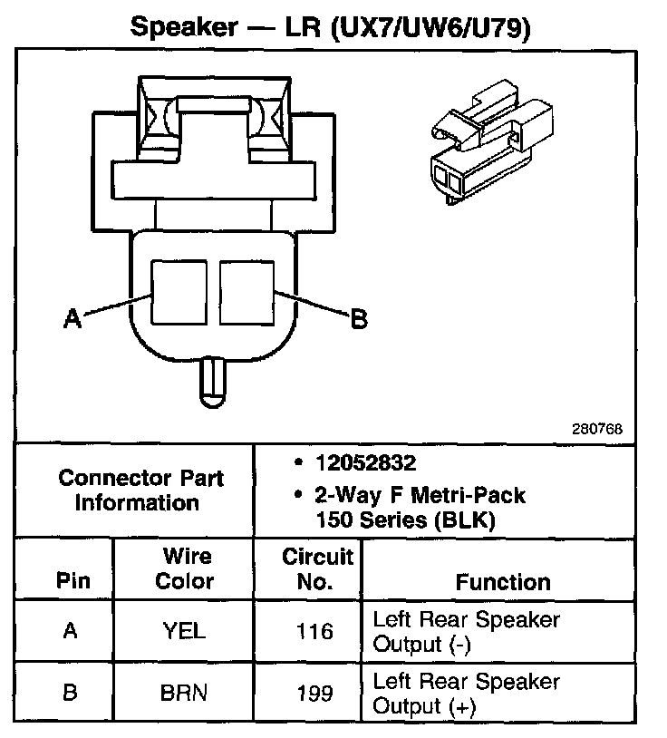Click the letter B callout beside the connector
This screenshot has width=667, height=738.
(359, 318)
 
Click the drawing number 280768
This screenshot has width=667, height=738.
(596, 429)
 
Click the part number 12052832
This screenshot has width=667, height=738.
(365, 463)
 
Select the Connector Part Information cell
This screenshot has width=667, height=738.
(140, 490)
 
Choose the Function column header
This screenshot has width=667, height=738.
(502, 581)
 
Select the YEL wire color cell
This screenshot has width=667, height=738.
(185, 632)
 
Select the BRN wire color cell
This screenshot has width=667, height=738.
(185, 694)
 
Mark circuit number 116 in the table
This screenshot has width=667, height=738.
(314, 632)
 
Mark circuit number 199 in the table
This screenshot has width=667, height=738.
(314, 694)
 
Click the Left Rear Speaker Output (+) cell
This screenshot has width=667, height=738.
(467, 694)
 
